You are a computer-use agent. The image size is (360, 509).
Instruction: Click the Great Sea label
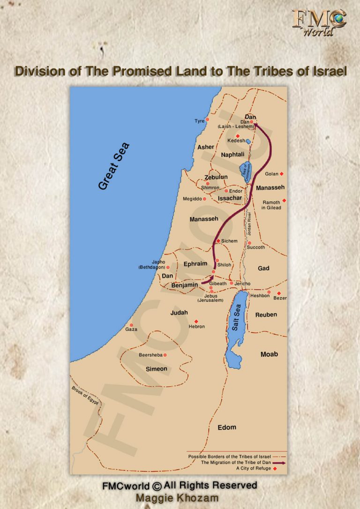[x=114, y=166]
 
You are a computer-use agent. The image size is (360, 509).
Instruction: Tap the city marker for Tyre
[x=207, y=120]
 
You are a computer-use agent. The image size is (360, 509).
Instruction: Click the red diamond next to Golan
[x=281, y=174]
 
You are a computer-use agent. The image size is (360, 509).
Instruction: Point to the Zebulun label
[x=216, y=177]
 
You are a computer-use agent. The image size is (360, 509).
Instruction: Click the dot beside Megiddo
[x=204, y=199]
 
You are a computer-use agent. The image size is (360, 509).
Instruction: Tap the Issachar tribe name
[x=230, y=198]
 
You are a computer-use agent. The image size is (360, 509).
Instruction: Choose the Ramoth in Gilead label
[x=271, y=205]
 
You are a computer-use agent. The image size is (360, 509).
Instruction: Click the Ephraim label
[x=195, y=264]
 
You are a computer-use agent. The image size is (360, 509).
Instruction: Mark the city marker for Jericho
[x=231, y=283]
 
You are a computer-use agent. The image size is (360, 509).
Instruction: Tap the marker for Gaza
[x=131, y=325]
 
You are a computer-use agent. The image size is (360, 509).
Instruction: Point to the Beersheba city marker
[x=165, y=355]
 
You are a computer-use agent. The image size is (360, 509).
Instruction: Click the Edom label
[x=227, y=427]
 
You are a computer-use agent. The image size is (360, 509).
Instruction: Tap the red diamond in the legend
[x=275, y=468]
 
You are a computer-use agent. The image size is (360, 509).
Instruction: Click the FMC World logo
[x=319, y=22]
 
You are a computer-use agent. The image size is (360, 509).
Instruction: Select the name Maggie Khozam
[x=180, y=497]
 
